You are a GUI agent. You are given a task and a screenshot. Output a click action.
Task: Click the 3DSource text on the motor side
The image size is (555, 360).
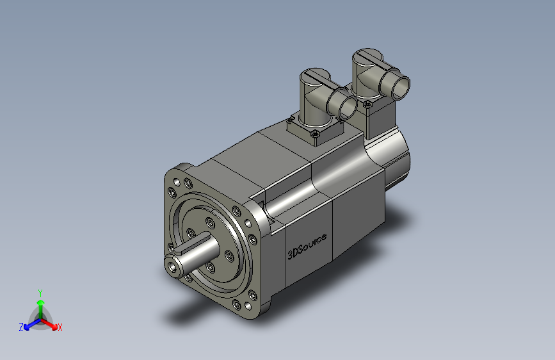pyautogui.click(x=307, y=247)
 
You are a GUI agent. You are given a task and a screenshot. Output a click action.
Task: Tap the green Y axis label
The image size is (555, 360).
pyautogui.click(x=40, y=293)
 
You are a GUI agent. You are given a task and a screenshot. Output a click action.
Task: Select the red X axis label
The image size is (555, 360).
pyautogui.click(x=60, y=328)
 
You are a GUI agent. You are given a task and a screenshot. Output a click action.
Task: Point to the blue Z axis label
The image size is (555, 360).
pyautogui.click(x=21, y=327)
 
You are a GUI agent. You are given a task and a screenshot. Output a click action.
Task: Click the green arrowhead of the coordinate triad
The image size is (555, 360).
pyautogui.click(x=41, y=302)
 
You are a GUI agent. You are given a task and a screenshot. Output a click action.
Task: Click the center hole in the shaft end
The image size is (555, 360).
pyautogui.click(x=173, y=267)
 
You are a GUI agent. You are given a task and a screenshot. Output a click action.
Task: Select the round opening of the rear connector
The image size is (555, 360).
pyautogui.click(x=401, y=88)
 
